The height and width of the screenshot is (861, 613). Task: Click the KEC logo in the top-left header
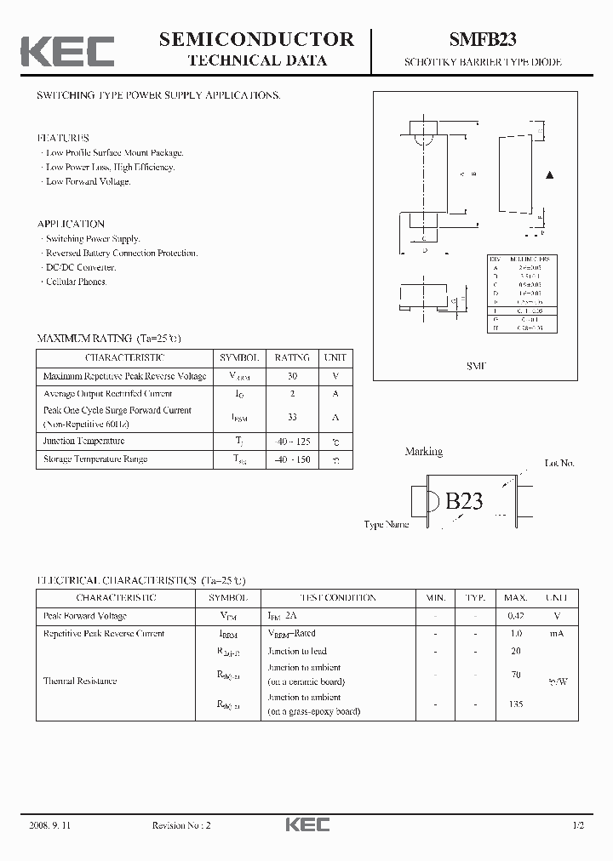coord(67,50)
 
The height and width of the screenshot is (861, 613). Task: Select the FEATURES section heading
coord(63,138)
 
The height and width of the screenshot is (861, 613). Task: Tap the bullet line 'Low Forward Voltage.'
coord(88,181)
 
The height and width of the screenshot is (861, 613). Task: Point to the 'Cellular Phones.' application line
coord(76,282)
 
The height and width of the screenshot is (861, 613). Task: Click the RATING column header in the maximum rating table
coord(291,358)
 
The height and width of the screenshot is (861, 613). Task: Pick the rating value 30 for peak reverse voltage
coord(291,376)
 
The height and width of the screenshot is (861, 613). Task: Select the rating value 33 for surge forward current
coord(291,417)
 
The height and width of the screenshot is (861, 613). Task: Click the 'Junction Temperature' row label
coord(83,441)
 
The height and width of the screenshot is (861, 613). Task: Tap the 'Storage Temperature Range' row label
coord(95,459)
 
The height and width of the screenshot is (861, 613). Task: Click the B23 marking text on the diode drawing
coord(464,501)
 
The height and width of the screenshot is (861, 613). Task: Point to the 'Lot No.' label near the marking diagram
coord(559,463)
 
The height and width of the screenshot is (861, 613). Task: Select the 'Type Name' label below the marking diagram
coord(387,524)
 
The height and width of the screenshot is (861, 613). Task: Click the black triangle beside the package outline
coord(550,175)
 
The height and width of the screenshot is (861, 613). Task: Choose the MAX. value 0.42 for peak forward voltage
coord(515,616)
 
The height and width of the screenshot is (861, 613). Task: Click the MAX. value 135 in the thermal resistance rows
coord(515,704)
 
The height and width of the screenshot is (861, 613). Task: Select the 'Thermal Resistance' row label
coord(80,681)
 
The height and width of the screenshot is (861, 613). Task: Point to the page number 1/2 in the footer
coord(578,825)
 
